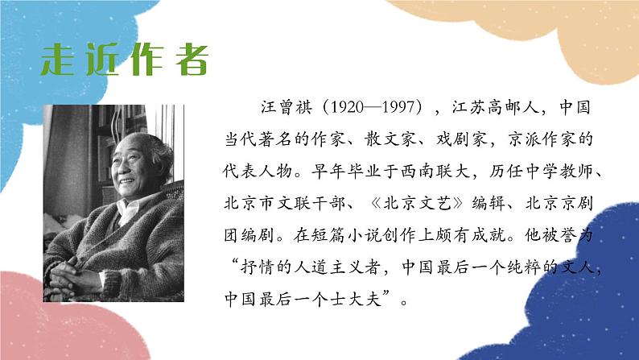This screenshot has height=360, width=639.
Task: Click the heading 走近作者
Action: tap(126, 60)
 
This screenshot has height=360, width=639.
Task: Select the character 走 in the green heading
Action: tap(60, 60)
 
